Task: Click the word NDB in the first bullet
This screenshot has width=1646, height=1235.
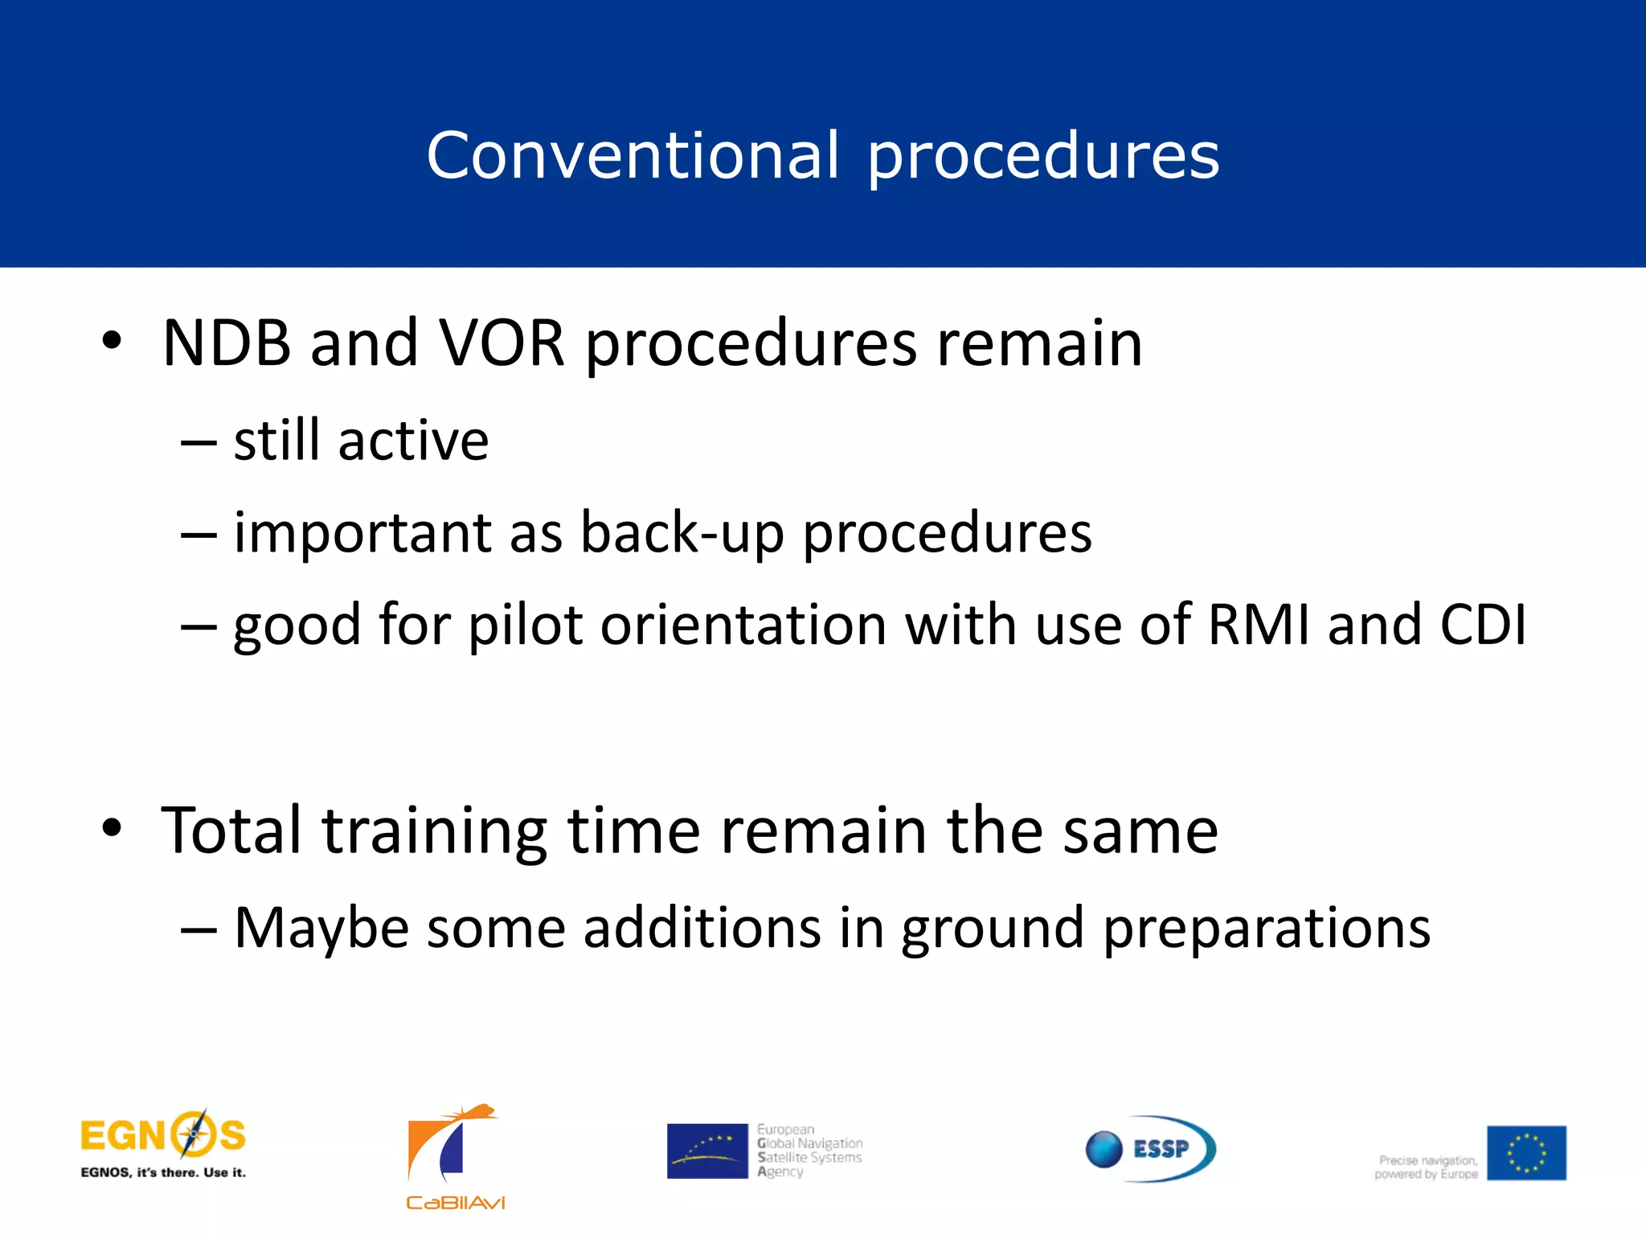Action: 226,344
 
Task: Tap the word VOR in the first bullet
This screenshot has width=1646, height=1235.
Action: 502,344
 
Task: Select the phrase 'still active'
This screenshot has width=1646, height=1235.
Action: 361,441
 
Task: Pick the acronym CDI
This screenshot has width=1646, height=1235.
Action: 1483,625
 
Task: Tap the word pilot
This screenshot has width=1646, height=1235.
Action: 525,626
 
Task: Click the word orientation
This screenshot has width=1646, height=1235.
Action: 743,626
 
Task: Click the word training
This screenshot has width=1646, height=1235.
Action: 435,832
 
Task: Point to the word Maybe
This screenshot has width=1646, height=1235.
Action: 321,929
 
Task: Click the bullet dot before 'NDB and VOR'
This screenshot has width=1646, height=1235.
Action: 112,341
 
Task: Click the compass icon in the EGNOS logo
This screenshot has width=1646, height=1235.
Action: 193,1135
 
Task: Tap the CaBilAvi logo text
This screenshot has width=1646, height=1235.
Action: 455,1203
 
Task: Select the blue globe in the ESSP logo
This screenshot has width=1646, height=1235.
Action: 1103,1149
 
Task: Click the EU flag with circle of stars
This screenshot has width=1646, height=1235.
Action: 1525,1153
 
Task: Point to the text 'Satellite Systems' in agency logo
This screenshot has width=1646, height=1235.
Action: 810,1158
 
